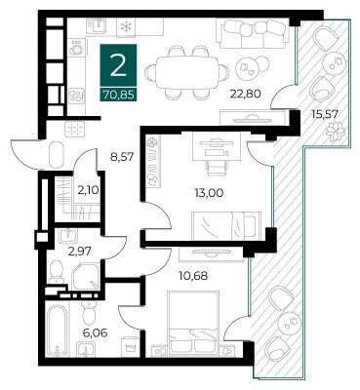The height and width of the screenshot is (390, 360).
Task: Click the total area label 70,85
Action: pos(119,95)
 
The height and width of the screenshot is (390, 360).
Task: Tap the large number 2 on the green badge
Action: pos(118,66)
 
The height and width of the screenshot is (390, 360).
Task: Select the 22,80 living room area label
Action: pos(246,94)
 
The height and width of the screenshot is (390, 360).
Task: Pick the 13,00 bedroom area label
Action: pos(209,193)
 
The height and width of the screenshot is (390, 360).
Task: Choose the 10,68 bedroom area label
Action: pos(193,276)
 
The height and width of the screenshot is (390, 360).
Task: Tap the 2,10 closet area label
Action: pos(88,189)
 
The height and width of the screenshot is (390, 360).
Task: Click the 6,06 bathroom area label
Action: pos(96,332)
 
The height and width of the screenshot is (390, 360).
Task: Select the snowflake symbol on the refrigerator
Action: pos(125,26)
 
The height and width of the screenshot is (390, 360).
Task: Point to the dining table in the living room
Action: pos(187,72)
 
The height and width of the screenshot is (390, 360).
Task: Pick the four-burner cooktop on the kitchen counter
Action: pos(78,95)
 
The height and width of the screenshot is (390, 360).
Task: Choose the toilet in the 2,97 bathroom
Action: pos(57,271)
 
